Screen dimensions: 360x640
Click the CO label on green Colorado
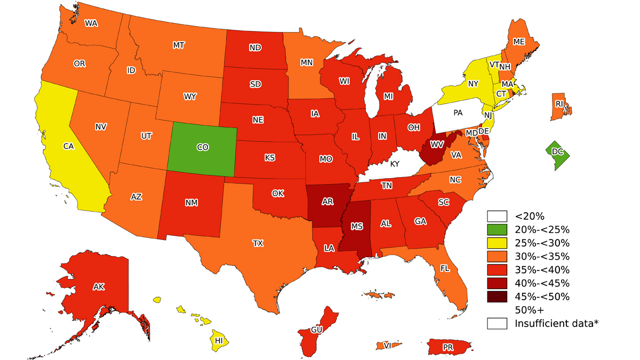coord(202,148)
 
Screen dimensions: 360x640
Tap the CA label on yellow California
coord(68,146)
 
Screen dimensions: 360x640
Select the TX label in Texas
coord(258,243)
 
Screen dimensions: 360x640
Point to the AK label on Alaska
coord(98,287)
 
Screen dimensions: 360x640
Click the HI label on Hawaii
coord(219,340)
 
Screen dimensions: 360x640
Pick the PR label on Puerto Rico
coord(449,348)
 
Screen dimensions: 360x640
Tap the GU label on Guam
coord(317,330)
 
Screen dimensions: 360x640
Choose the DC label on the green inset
coord(557,152)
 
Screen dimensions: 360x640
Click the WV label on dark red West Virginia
coord(437,145)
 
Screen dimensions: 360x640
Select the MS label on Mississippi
coord(357,227)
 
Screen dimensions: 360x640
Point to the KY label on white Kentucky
coord(395,164)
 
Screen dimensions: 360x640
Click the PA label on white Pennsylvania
coord(458,113)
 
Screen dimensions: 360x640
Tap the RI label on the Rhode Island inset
coord(559,104)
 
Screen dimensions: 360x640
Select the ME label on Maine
coord(518,42)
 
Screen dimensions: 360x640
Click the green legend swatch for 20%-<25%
coord(497,230)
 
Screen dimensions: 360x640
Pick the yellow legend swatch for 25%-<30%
coord(497,243)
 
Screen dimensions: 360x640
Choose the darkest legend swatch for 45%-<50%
coord(497,297)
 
